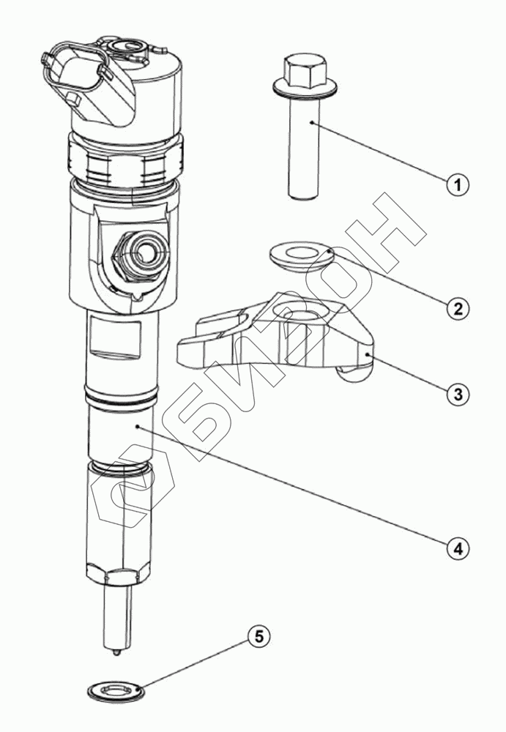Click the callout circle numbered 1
click(x=457, y=185)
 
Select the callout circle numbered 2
click(x=457, y=307)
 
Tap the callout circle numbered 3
click(x=457, y=393)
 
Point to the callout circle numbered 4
click(x=457, y=546)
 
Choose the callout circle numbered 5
click(x=258, y=636)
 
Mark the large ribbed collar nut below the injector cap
click(x=126, y=162)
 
